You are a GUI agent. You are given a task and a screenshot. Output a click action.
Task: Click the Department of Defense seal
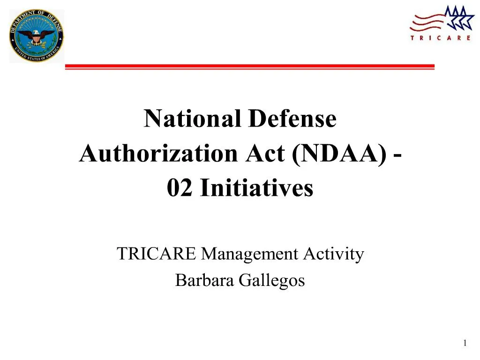[x=37, y=36]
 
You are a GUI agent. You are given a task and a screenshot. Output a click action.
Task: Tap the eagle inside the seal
[x=37, y=35]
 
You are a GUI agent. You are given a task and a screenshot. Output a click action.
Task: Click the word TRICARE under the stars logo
[x=440, y=38]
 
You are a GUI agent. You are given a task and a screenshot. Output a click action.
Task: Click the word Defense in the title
[x=292, y=119]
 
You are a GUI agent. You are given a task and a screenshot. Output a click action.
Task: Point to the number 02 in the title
[x=181, y=188]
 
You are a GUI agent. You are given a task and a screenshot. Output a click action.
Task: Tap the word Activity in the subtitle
[x=333, y=254]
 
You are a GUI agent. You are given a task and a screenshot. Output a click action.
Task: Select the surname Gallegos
[x=272, y=280]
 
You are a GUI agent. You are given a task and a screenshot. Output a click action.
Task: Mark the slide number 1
[x=465, y=344]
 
